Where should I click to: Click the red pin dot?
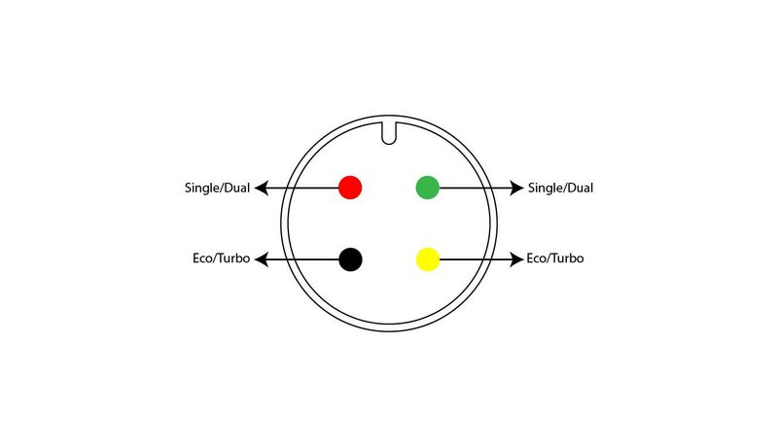tap(350, 188)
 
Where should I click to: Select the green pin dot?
tap(427, 188)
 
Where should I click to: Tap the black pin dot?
tap(350, 259)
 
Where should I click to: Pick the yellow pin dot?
tap(428, 259)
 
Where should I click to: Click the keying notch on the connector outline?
tap(389, 133)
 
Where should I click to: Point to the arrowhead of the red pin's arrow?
tap(262, 188)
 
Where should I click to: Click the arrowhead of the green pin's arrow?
tap(517, 188)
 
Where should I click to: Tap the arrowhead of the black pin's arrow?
tap(262, 259)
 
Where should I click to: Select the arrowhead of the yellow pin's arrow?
tap(517, 259)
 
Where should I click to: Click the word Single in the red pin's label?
tap(201, 189)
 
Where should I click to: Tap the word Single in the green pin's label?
tap(545, 189)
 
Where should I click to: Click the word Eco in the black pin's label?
tap(202, 258)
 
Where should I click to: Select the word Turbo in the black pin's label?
tap(233, 258)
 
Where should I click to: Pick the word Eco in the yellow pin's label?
tap(536, 258)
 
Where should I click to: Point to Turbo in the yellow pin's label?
tap(567, 258)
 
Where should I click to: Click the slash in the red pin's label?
tap(222, 189)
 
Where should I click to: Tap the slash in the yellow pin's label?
tap(548, 258)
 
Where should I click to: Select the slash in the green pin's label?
tap(565, 189)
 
